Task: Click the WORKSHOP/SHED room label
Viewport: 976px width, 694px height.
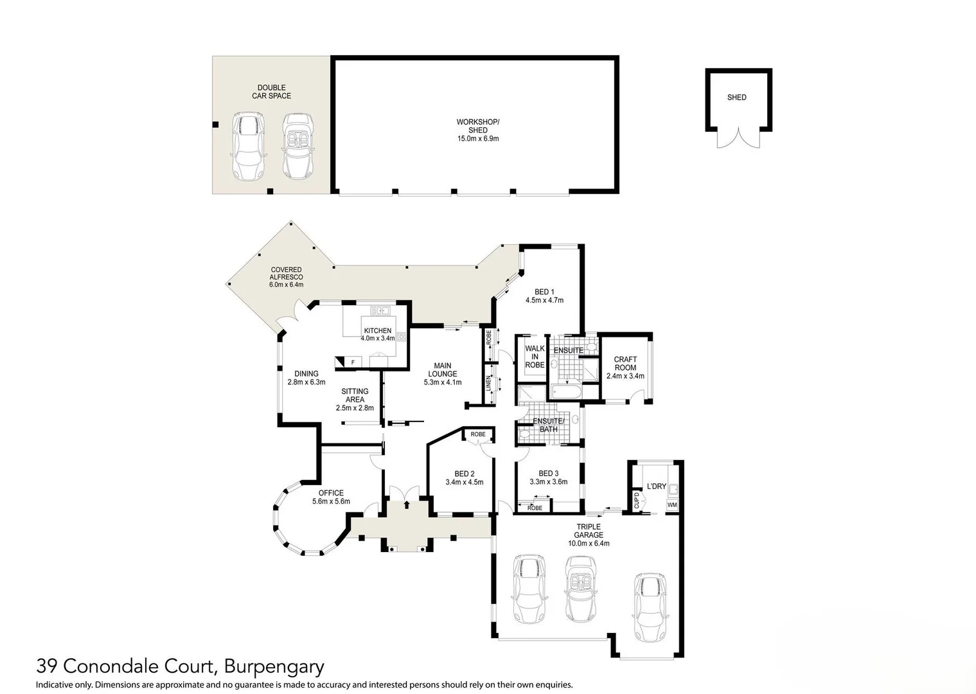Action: (477, 126)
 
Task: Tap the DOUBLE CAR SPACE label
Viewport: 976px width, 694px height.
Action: (271, 92)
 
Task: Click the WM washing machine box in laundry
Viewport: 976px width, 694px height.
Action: (672, 505)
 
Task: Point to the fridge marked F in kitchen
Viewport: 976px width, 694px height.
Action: (352, 362)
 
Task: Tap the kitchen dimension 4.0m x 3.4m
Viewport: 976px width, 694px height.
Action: (378, 338)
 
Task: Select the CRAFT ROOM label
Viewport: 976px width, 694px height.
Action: (625, 364)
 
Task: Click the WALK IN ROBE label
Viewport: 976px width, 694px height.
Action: (535, 357)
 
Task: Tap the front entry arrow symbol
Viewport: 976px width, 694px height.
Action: (406, 504)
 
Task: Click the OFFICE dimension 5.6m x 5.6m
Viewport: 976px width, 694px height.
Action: (331, 501)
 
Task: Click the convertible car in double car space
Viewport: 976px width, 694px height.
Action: (298, 147)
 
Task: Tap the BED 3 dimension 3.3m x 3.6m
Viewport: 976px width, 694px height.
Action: (548, 481)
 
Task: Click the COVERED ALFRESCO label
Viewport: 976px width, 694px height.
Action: (286, 277)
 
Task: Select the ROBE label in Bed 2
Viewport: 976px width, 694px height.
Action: (478, 434)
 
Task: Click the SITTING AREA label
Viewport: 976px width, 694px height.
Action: (355, 395)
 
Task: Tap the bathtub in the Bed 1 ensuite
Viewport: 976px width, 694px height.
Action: (566, 392)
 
